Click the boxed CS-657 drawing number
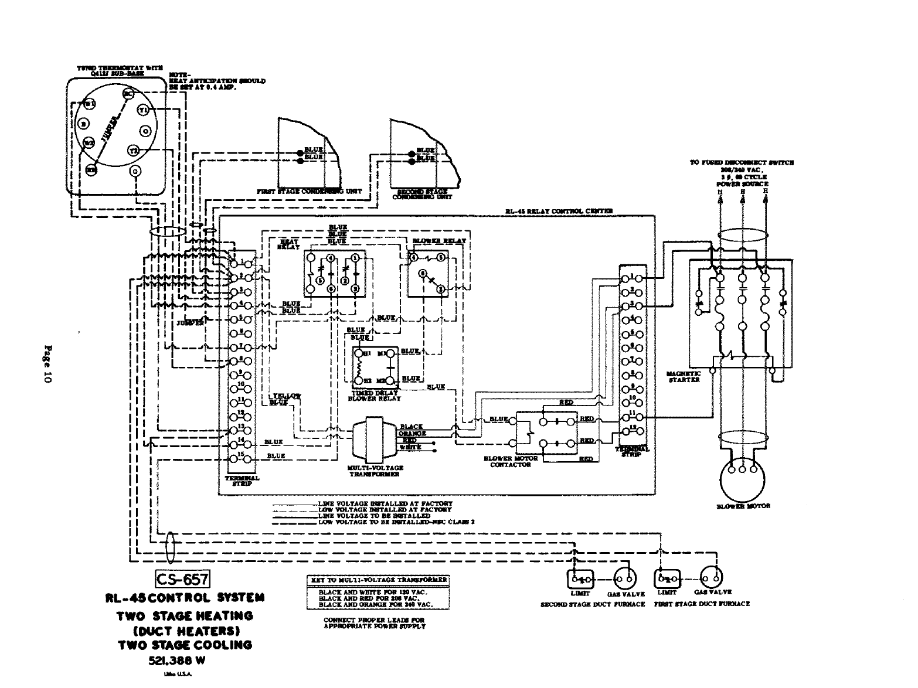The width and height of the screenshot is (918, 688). click(182, 580)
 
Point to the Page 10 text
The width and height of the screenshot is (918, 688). click(47, 363)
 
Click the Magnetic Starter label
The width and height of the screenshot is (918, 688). click(684, 376)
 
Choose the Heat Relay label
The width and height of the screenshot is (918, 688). click(290, 244)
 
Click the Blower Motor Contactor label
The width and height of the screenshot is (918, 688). click(508, 461)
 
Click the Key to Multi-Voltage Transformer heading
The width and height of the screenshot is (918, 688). click(378, 580)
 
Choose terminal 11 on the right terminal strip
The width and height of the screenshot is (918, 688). click(633, 417)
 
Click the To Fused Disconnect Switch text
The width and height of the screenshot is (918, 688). click(742, 163)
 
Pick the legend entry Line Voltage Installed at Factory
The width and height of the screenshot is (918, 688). click(385, 503)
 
